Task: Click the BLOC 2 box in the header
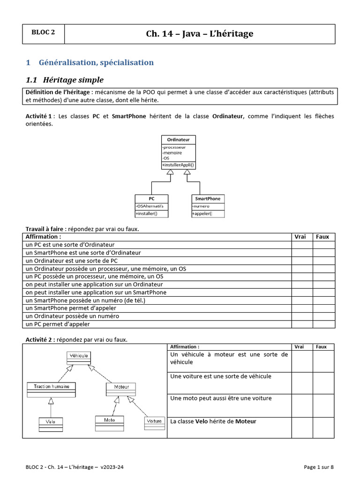43,33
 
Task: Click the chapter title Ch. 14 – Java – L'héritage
200,34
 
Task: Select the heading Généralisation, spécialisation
96,62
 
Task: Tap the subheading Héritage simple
71,80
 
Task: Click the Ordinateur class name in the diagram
179,140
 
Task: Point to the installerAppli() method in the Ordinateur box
178,165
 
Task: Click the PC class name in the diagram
151,198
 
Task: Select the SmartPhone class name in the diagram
208,198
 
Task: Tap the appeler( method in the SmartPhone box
202,214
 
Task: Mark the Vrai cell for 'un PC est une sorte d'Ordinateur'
302,245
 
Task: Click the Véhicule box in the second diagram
79,356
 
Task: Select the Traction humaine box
51,387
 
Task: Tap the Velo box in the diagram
50,421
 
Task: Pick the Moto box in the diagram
110,420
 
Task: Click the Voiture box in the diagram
154,421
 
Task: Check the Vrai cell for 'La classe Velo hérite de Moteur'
302,427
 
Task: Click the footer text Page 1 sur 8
319,467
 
